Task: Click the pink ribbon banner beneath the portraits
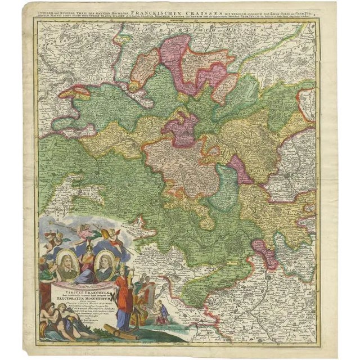point(84,284)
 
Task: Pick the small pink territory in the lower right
point(265,253)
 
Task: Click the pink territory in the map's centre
point(180,129)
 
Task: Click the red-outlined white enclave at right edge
point(307,105)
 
